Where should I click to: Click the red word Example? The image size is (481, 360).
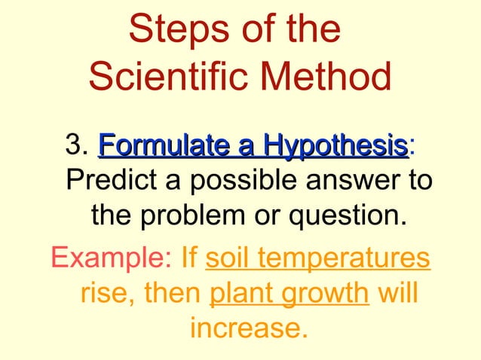[112, 261]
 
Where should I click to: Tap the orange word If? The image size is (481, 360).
[189, 260]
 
